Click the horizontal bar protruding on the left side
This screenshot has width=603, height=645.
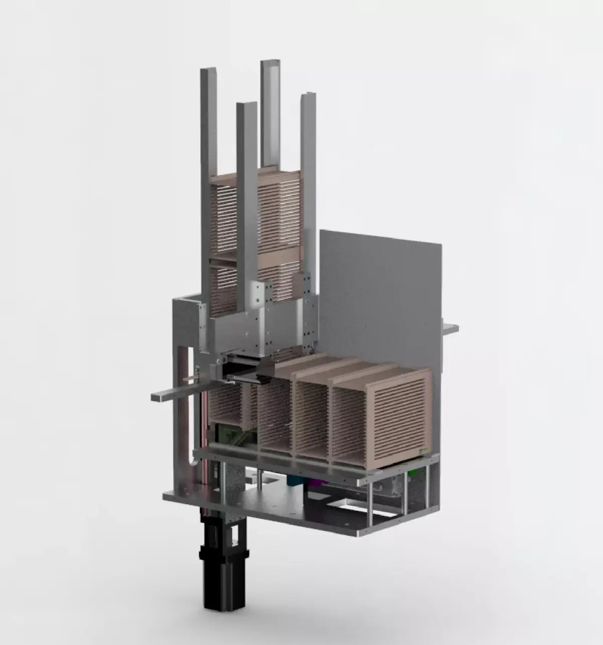171,396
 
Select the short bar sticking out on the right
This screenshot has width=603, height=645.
450,328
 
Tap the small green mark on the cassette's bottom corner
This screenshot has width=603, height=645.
425,451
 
